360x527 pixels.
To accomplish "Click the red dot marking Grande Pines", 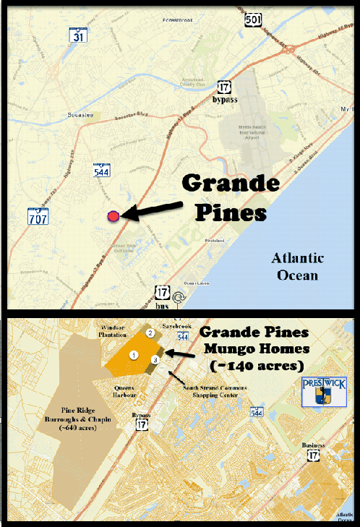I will pyautogui.click(x=113, y=215).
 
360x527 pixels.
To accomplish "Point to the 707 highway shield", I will pyautogui.click(x=36, y=215).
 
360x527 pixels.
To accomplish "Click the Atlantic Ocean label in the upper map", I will pyautogui.click(x=297, y=267).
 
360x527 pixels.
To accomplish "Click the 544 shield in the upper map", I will pyautogui.click(x=100, y=171).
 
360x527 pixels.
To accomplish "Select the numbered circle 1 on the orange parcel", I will pyautogui.click(x=134, y=355).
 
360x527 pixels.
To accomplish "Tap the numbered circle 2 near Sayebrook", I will pyautogui.click(x=150, y=333).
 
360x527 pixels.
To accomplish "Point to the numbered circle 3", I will pyautogui.click(x=155, y=359).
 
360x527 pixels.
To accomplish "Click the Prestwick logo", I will pyautogui.click(x=318, y=390).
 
